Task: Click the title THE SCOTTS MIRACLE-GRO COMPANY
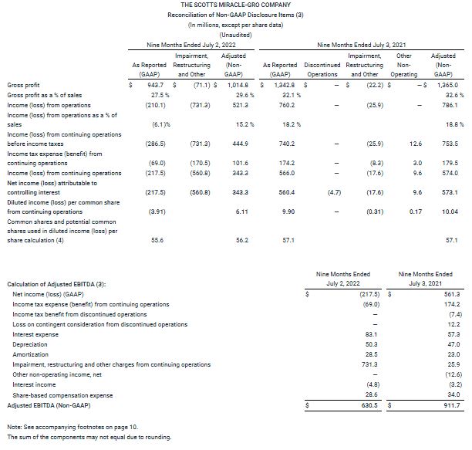[235, 5]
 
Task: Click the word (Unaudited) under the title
[235, 35]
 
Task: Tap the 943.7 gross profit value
[152, 84]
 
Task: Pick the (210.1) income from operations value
[150, 104]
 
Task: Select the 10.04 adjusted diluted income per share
[450, 211]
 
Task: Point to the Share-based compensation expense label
[62, 394]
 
